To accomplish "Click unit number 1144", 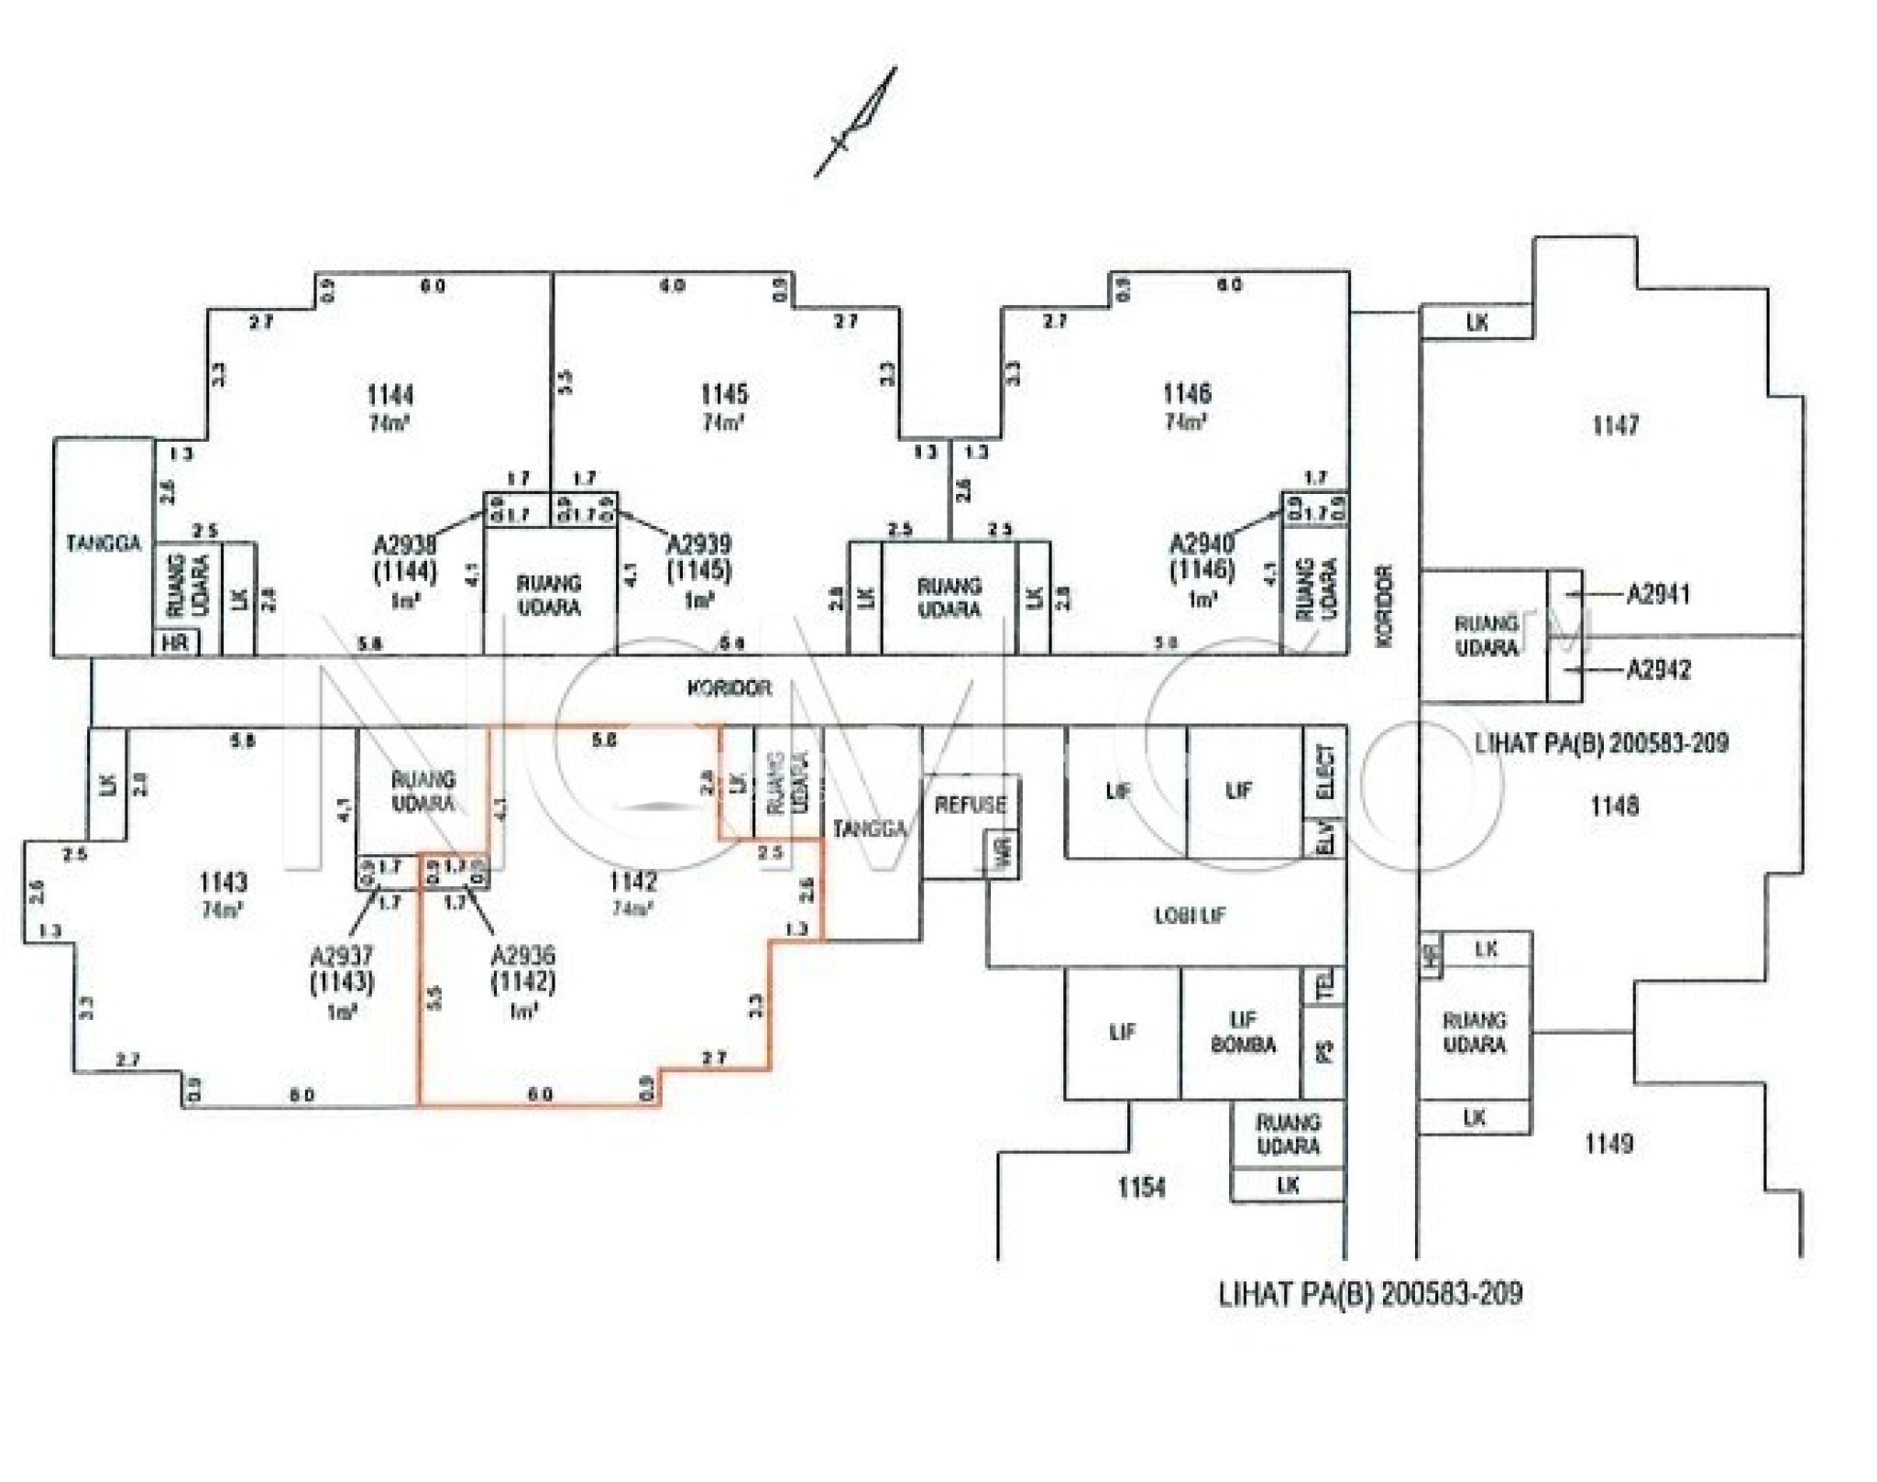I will coord(390,395).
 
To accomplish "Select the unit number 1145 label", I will coord(724,394).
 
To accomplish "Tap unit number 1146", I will coord(1187,393).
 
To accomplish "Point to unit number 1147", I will coord(1615,425).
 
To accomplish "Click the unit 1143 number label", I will coord(223,882).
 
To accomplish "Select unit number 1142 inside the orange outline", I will coord(632,881).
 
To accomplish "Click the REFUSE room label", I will coord(970,805).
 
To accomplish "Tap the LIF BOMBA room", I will coord(1242,1032).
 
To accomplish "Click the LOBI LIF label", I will coord(1189,915).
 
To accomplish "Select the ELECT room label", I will coord(1325,772).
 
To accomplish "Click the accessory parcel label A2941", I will coord(1657,594).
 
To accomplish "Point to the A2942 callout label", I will coord(1657,669).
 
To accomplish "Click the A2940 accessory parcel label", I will coord(1202,543).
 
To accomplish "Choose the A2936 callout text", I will coord(522,955).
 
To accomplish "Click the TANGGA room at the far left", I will coord(104,543).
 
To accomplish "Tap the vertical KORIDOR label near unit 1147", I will coord(1384,604).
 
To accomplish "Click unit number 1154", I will coord(1141,1188).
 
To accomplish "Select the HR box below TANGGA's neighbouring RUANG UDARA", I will coord(175,642).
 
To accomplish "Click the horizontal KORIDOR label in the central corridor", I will coord(729,687).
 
